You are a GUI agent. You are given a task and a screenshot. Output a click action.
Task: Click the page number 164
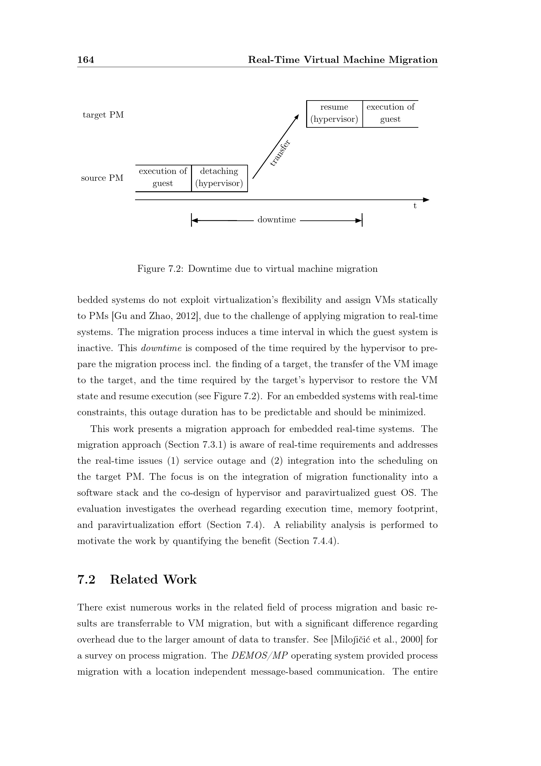(x=86, y=60)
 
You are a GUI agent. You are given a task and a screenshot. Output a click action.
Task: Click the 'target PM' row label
(x=103, y=115)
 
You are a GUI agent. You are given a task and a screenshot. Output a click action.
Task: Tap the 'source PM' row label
(x=102, y=178)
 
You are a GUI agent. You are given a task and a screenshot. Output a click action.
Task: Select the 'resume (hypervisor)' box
(x=334, y=113)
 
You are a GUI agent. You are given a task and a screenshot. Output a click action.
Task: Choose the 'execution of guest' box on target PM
(x=390, y=113)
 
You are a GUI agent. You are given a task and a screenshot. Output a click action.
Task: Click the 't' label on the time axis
(x=415, y=206)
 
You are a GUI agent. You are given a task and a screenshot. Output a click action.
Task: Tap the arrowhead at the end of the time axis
(x=426, y=200)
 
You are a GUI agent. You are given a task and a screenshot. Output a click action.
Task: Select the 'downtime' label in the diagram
(x=276, y=220)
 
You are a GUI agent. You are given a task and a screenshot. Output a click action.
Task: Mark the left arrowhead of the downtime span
(x=195, y=220)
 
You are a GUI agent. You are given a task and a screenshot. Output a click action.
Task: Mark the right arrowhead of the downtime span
(x=359, y=220)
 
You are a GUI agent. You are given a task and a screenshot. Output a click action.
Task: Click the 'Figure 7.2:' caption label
(x=160, y=269)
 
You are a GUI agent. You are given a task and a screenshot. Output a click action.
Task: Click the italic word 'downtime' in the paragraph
(x=162, y=348)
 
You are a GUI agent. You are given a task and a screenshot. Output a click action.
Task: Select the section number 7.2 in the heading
(x=86, y=580)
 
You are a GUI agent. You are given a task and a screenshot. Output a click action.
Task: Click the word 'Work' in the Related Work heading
(x=180, y=580)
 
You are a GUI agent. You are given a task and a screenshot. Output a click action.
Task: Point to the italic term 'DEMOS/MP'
(x=259, y=656)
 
